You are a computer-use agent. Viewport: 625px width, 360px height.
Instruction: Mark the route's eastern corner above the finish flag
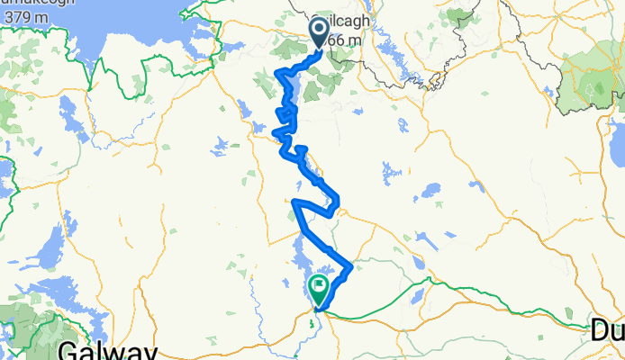tap(349, 265)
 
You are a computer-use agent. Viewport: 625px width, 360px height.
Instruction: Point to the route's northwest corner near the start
tap(278, 73)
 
